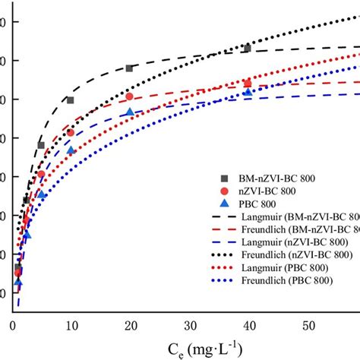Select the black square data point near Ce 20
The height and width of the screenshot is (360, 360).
click(x=129, y=68)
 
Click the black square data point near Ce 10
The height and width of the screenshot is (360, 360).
click(x=71, y=100)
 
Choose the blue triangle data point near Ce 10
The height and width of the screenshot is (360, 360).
click(x=71, y=150)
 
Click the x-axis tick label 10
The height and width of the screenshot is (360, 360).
click(x=71, y=325)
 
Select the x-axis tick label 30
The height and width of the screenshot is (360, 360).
click(x=190, y=325)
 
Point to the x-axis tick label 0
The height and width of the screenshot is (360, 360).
click(x=13, y=325)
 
